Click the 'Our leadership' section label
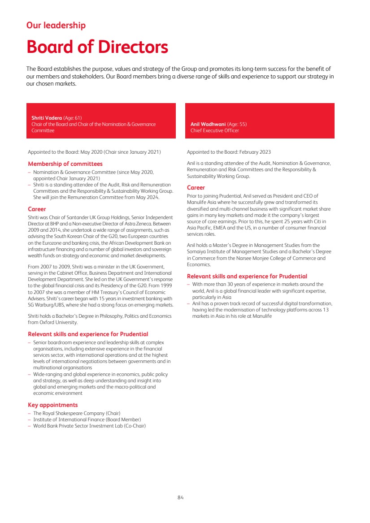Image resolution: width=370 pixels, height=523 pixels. [x=56, y=26]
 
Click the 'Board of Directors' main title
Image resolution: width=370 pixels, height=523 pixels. [x=97, y=47]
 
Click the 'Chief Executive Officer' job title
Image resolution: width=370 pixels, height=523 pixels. [x=215, y=130]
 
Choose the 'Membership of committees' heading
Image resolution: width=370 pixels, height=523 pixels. [x=65, y=164]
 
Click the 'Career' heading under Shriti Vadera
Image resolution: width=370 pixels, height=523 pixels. [x=37, y=209]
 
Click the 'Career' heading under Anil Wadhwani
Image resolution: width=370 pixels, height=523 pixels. [x=196, y=188]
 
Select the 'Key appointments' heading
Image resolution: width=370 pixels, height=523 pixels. [x=53, y=405]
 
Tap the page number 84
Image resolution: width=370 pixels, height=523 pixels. [x=181, y=497]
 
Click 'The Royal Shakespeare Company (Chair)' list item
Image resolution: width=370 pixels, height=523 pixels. [x=77, y=413]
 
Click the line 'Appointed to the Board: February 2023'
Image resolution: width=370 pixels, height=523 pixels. [x=229, y=152]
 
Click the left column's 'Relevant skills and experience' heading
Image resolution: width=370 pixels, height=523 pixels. [x=88, y=334]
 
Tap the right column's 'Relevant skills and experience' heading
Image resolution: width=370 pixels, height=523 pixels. [x=247, y=277]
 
